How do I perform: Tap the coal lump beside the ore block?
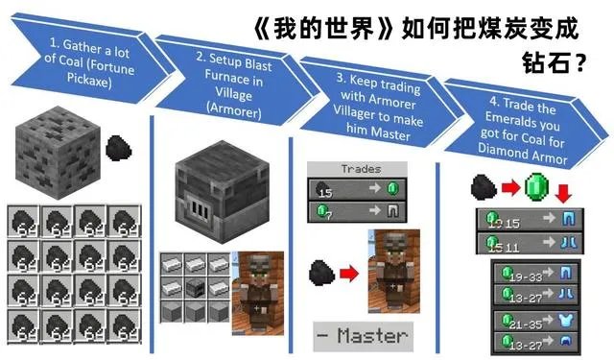(119, 149)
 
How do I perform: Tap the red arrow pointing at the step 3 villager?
(346, 274)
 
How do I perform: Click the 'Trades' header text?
(361, 169)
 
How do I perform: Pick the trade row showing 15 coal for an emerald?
(360, 188)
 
